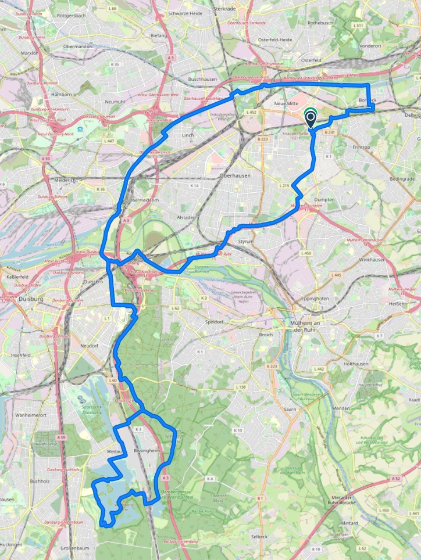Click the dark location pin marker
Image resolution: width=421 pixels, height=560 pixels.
point(311,119)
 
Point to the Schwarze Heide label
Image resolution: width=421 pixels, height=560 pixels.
point(185,13)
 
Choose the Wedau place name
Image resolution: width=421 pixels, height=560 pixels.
point(113,451)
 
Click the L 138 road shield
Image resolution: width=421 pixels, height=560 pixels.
point(241,386)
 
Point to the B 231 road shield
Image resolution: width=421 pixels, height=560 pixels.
point(330,132)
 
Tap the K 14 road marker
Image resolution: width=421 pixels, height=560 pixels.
point(195,185)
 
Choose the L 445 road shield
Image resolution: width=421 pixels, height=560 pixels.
point(336,275)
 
